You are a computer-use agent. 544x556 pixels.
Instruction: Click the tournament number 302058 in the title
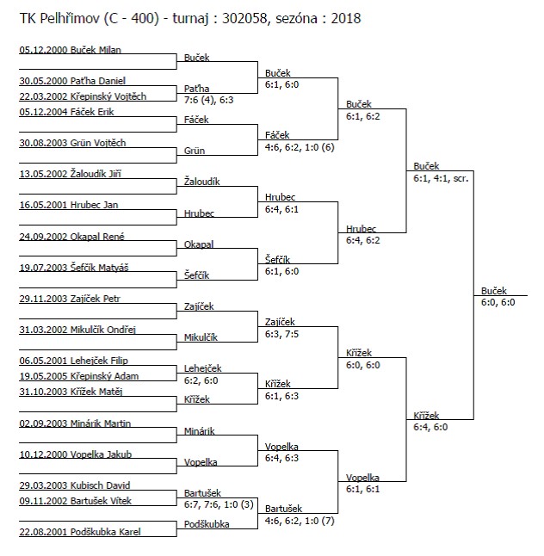(244, 18)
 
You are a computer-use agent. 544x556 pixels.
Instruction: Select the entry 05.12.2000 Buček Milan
(71, 50)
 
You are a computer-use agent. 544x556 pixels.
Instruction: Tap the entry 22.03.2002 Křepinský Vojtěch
(83, 96)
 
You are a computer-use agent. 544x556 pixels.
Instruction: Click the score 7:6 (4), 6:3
(208, 100)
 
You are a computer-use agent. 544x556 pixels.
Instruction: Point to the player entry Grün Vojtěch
(72, 143)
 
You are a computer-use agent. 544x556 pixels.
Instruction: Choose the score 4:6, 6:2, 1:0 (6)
(300, 147)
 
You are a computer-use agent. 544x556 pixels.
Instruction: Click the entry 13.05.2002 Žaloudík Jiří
(71, 174)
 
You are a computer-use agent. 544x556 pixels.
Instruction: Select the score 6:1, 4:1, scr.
(441, 178)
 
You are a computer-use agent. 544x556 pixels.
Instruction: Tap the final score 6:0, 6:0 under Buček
(498, 302)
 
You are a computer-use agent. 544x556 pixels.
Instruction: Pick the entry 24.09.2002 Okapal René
(72, 237)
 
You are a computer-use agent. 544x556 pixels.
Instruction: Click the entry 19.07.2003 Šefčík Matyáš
(74, 268)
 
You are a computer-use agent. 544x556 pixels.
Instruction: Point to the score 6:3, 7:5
(281, 334)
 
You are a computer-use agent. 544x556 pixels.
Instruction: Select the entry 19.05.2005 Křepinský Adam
(79, 376)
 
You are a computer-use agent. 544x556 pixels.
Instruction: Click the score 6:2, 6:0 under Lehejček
(201, 380)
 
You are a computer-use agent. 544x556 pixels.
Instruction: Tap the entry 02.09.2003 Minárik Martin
(75, 423)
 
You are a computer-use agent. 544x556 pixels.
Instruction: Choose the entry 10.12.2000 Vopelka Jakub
(76, 454)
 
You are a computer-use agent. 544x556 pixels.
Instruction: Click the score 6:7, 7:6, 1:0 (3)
(219, 504)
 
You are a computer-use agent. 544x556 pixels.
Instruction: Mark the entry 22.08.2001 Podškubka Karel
(80, 532)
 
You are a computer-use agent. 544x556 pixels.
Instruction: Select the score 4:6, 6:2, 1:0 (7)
(300, 521)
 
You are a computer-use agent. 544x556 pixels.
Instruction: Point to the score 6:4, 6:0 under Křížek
(430, 427)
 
